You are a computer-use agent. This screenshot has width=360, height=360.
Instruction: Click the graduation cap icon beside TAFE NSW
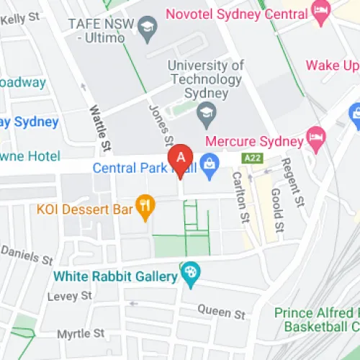pyautogui.click(x=149, y=28)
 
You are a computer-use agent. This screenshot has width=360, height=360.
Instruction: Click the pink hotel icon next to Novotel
pyautogui.click(x=320, y=10)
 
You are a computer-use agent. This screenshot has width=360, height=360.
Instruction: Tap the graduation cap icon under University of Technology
pyautogui.click(x=207, y=111)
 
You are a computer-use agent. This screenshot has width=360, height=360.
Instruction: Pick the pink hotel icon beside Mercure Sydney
pyautogui.click(x=315, y=135)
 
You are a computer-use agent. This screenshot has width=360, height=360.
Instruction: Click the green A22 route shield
pyautogui.click(x=253, y=158)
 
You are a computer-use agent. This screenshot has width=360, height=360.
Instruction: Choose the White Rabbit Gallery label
pyautogui.click(x=114, y=276)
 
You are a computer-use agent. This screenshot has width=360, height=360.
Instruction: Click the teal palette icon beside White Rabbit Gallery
pyautogui.click(x=191, y=273)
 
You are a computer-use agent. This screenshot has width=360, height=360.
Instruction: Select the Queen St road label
pyautogui.click(x=222, y=311)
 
